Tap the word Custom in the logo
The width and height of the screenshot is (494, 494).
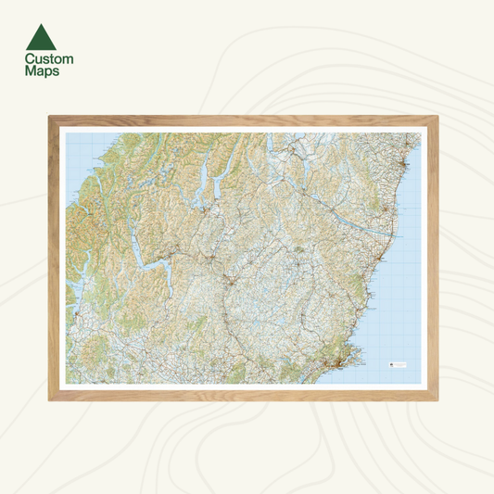tap(49, 59)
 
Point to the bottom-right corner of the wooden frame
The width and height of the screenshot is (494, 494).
tap(442, 399)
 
